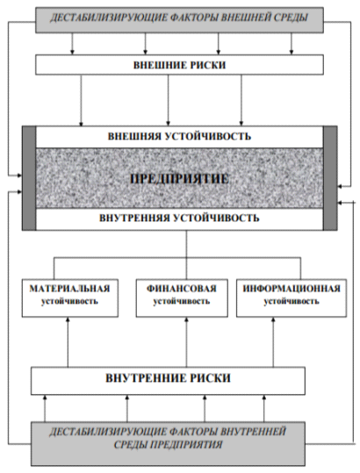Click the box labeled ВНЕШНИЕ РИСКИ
179,65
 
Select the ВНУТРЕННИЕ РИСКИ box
168,381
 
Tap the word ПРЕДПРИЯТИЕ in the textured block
179,179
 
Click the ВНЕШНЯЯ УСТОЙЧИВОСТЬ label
179,136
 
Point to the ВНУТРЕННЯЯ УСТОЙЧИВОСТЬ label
179,218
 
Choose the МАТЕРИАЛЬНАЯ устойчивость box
70,297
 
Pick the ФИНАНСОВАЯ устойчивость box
182,297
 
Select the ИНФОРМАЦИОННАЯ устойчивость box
292,297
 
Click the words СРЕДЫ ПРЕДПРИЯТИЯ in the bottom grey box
168,445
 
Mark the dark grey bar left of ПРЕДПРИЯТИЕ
29,178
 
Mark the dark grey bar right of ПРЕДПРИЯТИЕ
330,178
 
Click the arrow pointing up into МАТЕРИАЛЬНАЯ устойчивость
68,342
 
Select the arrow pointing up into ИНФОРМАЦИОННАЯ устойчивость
273,342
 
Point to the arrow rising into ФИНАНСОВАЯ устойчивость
186,342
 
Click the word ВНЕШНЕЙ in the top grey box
246,18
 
